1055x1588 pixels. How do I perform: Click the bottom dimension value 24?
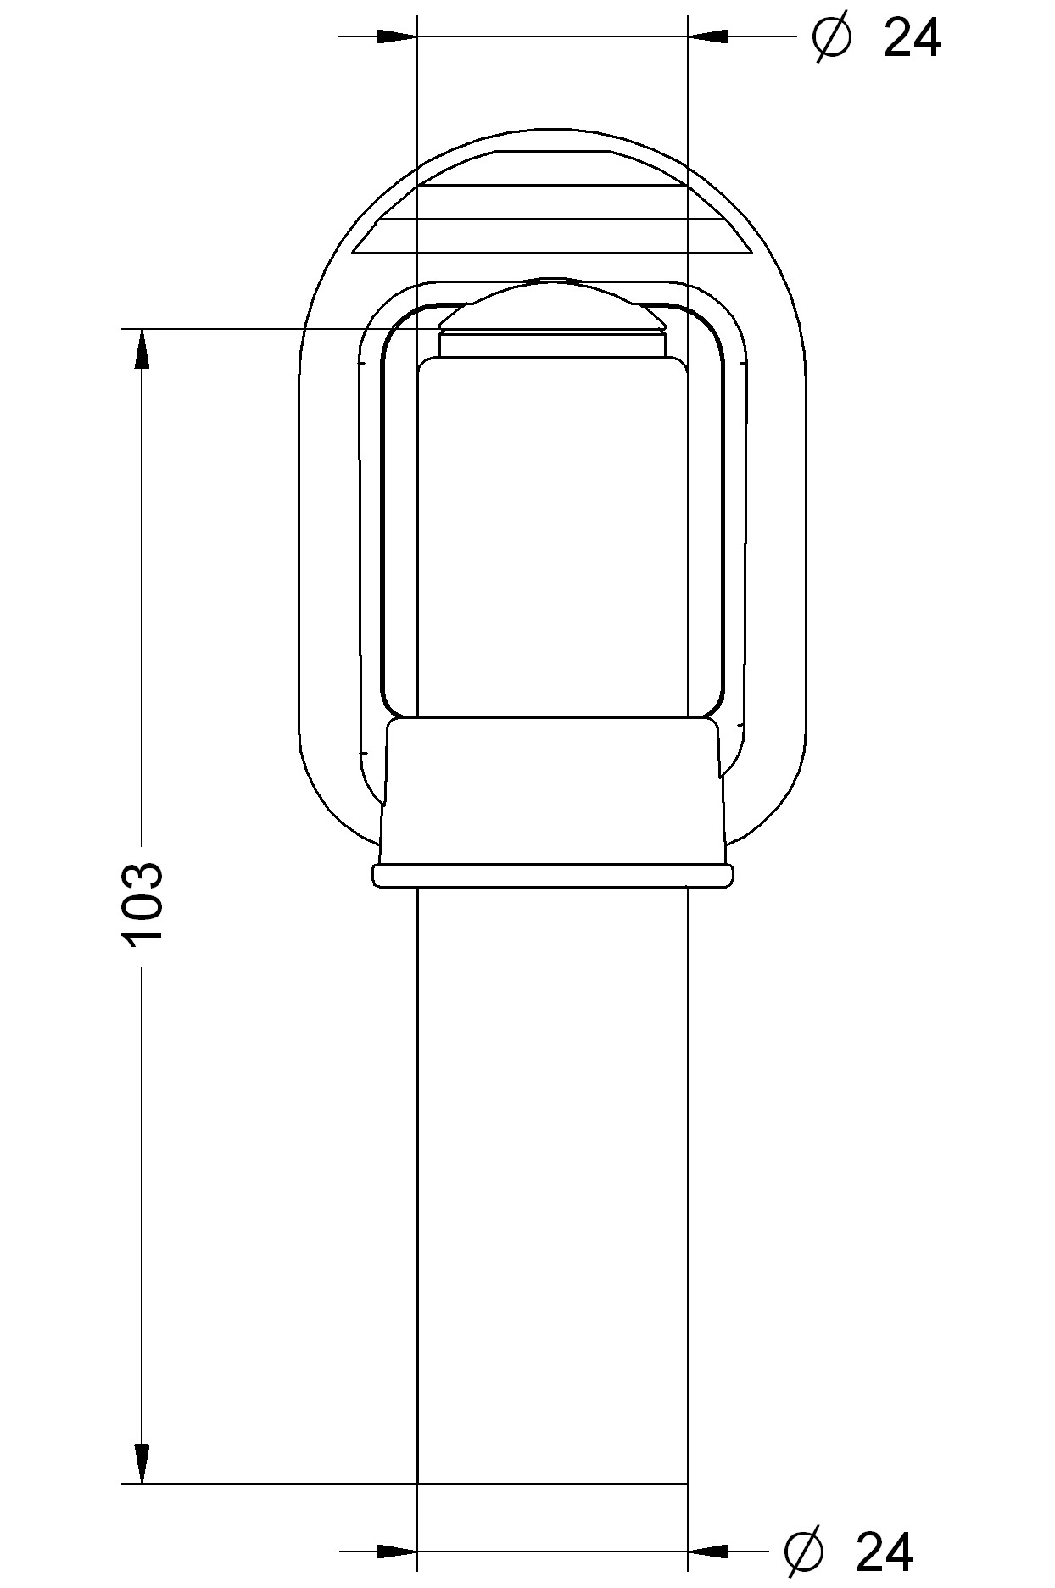(x=885, y=1552)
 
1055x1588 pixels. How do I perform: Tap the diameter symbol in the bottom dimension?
(x=804, y=1552)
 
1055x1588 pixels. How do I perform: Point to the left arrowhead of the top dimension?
(x=397, y=37)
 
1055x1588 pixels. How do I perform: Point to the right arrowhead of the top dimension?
(x=707, y=37)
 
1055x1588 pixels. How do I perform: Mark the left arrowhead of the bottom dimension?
(x=397, y=1551)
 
